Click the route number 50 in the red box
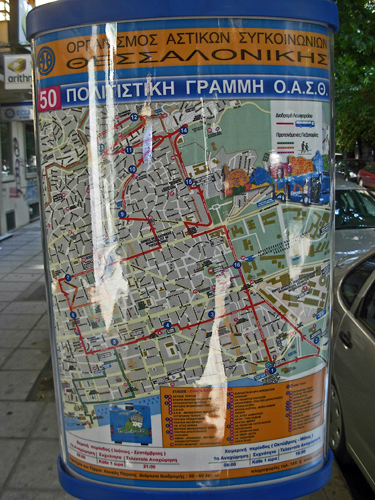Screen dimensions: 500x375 coord(48,99)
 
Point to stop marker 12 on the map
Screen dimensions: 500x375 coord(134,117)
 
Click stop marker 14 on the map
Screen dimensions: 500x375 coord(184,130)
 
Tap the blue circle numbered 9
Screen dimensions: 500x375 coord(122,214)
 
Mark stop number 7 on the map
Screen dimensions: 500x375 coord(67,277)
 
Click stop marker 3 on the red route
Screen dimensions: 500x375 coord(211,314)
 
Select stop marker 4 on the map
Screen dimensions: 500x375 coord(167,325)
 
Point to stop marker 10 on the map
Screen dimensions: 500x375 coord(132,169)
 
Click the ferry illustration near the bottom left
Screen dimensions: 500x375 coord(131,422)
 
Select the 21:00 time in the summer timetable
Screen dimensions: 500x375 coord(149,467)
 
